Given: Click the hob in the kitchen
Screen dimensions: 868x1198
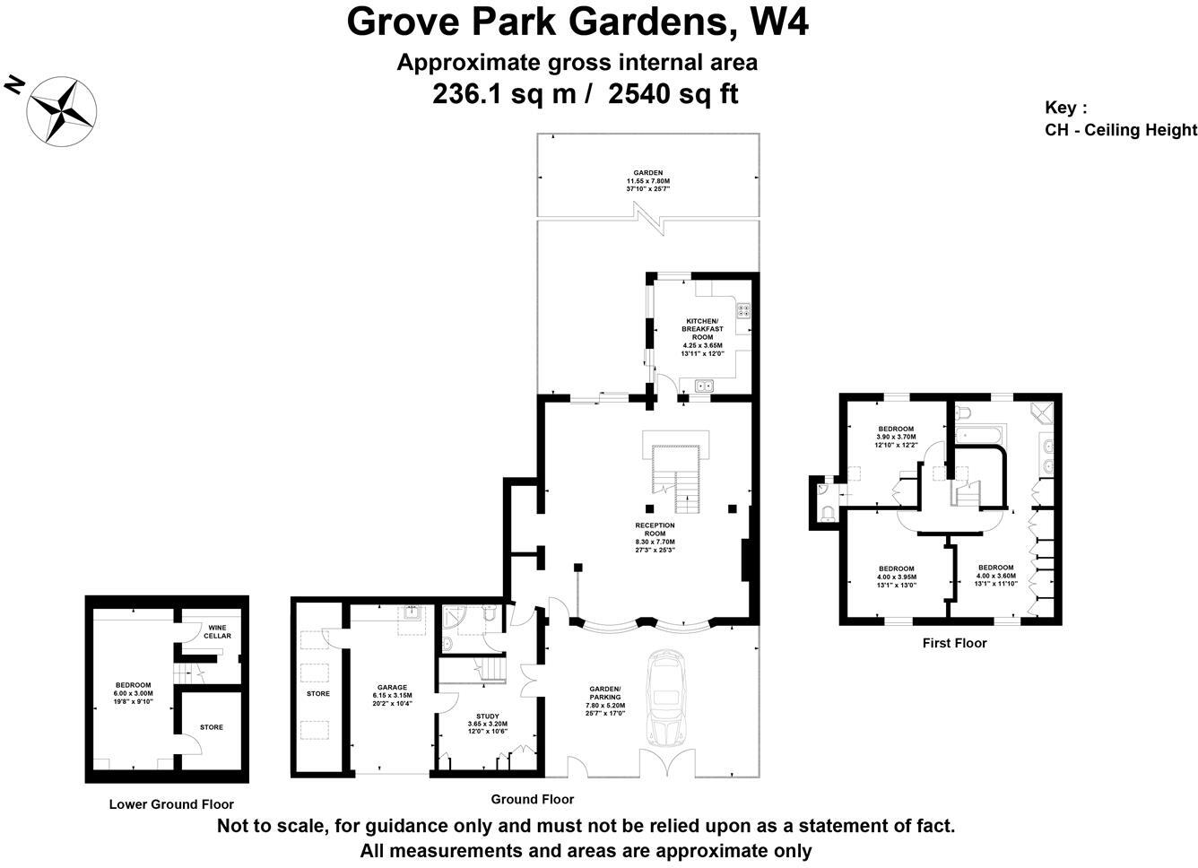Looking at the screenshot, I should tap(743, 311).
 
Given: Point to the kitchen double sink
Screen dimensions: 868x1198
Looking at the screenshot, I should tap(702, 386).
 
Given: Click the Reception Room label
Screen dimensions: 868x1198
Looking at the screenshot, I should tap(655, 537).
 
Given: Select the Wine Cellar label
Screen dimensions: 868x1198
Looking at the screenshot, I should tap(217, 631).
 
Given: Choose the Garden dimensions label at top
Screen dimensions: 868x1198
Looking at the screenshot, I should tap(647, 180).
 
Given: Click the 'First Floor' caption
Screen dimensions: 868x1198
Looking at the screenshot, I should tap(954, 643).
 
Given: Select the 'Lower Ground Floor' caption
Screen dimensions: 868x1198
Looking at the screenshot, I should tap(171, 804).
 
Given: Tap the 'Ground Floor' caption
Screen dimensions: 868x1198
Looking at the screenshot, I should tap(532, 799).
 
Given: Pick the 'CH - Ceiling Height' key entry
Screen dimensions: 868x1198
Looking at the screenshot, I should tap(1120, 130).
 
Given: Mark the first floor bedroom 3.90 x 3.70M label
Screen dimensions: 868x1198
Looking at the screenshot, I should tap(896, 436).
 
